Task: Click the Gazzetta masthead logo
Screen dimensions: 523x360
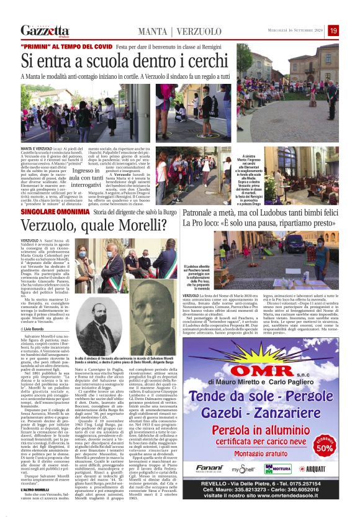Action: [44, 30]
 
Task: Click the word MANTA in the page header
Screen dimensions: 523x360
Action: [153, 31]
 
